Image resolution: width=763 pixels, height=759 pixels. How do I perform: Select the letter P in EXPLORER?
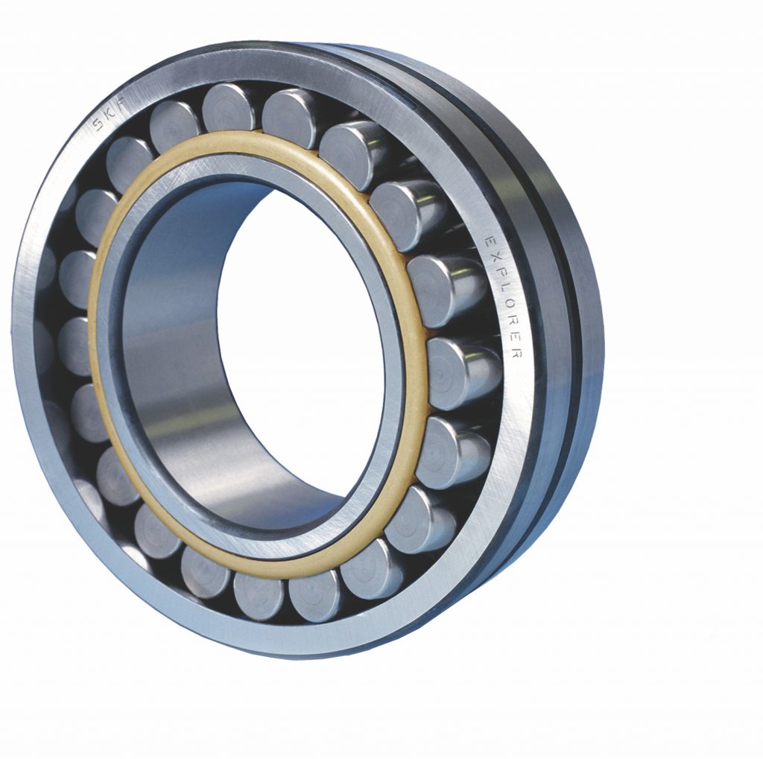pos(499,273)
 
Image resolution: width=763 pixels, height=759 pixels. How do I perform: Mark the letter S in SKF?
pos(99,124)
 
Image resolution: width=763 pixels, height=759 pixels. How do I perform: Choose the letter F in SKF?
pos(120,102)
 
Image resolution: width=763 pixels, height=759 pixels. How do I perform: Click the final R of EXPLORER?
pos(516,355)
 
